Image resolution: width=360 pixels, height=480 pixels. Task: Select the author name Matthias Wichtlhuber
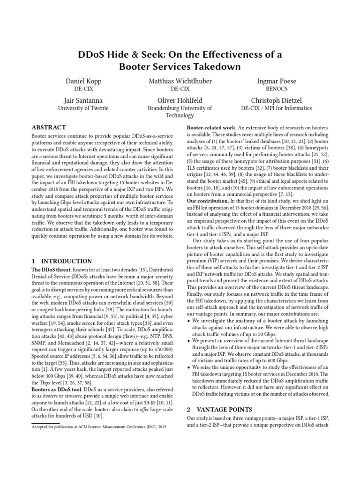pos(180,81)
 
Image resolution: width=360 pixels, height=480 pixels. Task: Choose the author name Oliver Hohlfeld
pos(180,100)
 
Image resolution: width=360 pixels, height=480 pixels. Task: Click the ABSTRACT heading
pos(48,127)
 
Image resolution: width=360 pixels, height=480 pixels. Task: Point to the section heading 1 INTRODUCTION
pos(61,261)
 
